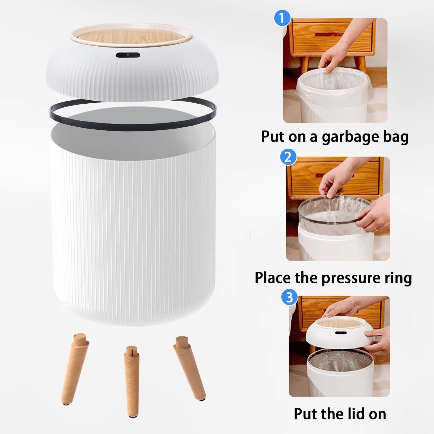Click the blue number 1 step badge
[x=282, y=18]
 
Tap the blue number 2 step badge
[x=288, y=157]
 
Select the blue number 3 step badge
[x=289, y=297]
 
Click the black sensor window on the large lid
[x=128, y=55]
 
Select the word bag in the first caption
[x=396, y=137]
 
